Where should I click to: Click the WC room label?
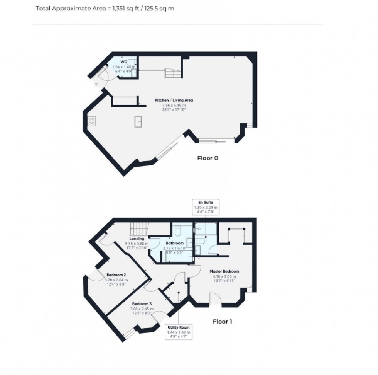tap(123, 62)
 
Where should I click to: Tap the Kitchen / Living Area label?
tap(174, 100)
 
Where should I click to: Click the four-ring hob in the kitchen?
tap(92, 121)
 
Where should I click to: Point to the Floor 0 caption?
tap(208, 158)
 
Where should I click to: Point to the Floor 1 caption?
tap(223, 321)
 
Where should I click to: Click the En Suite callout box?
tap(206, 207)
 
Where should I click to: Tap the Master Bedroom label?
tap(224, 271)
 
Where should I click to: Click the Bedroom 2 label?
tap(117, 275)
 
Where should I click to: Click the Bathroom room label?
tap(174, 243)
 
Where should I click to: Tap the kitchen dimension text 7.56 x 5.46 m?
tap(174, 105)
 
